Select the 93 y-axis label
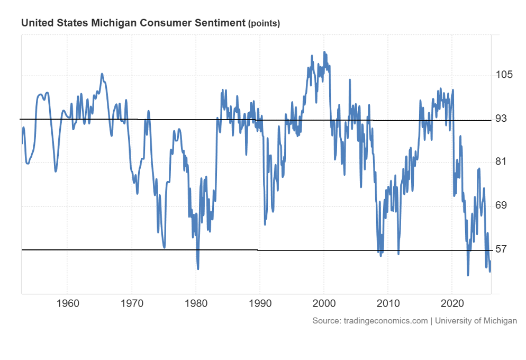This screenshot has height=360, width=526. (x=501, y=119)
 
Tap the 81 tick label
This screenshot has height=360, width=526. (x=501, y=162)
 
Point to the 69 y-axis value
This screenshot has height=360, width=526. (x=501, y=205)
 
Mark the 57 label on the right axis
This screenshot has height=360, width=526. (x=501, y=249)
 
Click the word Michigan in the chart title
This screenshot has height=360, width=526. (x=111, y=23)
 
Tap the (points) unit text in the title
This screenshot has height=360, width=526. (x=264, y=24)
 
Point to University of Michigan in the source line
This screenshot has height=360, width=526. (x=476, y=321)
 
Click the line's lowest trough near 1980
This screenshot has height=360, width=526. (x=198, y=268)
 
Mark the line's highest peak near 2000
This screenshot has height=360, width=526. (x=324, y=52)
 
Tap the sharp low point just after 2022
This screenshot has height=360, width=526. (x=468, y=275)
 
